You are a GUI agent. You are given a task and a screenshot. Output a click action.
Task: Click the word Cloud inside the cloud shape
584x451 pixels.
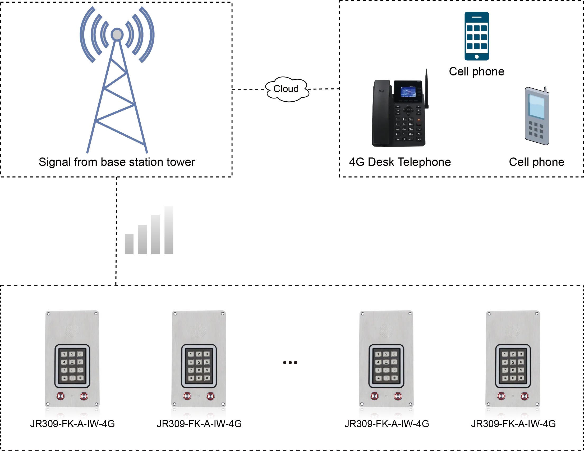coord(286,89)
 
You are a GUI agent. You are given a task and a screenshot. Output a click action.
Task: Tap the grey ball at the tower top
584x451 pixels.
coord(117,34)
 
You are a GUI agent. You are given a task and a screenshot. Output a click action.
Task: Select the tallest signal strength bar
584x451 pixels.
coord(168,231)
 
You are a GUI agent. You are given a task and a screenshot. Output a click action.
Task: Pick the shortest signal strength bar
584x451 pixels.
coord(129,244)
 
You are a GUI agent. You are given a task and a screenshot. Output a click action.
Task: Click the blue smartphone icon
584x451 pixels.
coord(476,36)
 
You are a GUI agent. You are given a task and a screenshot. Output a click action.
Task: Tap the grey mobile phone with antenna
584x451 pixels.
coord(537,116)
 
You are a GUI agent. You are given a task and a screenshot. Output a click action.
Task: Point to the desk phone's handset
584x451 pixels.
coord(381,112)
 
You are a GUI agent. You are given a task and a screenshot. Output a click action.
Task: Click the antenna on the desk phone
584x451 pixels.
coord(427,88)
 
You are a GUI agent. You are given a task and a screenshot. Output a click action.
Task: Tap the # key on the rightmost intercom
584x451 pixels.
coord(521,378)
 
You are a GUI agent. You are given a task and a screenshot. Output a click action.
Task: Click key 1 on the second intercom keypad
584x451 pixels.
coord(191,354)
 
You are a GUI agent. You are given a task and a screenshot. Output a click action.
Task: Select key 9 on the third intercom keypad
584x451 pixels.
coord(394,370)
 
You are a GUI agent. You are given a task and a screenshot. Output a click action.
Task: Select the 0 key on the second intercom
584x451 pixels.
coord(199,378)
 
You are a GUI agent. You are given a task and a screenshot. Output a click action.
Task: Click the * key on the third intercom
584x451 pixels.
coord(378,378)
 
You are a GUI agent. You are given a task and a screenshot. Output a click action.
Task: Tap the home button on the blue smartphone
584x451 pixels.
coord(476,57)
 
